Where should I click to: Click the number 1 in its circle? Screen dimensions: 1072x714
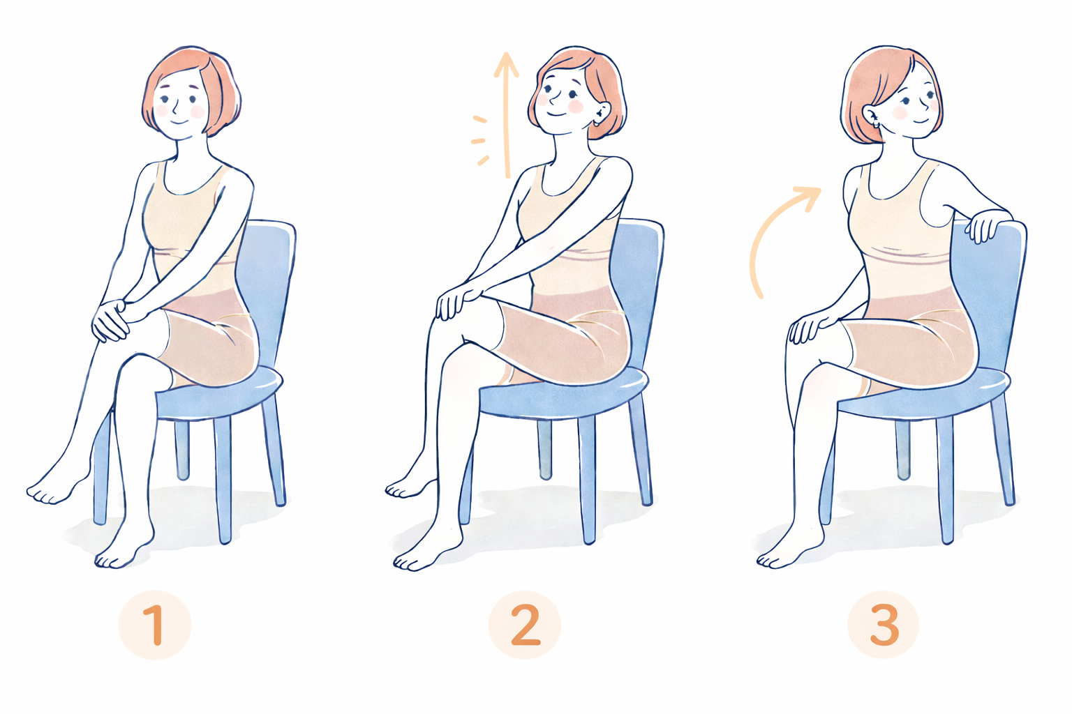[156, 625]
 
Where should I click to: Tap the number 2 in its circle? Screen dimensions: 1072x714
[525, 625]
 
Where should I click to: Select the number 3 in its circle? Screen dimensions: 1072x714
[884, 625]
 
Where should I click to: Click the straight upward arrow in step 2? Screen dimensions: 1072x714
[505, 115]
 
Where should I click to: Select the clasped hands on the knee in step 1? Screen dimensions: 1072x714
[111, 319]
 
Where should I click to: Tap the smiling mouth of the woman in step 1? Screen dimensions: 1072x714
[179, 121]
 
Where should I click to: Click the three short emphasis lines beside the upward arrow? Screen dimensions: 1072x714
[480, 141]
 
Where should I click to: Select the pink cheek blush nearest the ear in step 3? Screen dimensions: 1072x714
[900, 112]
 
